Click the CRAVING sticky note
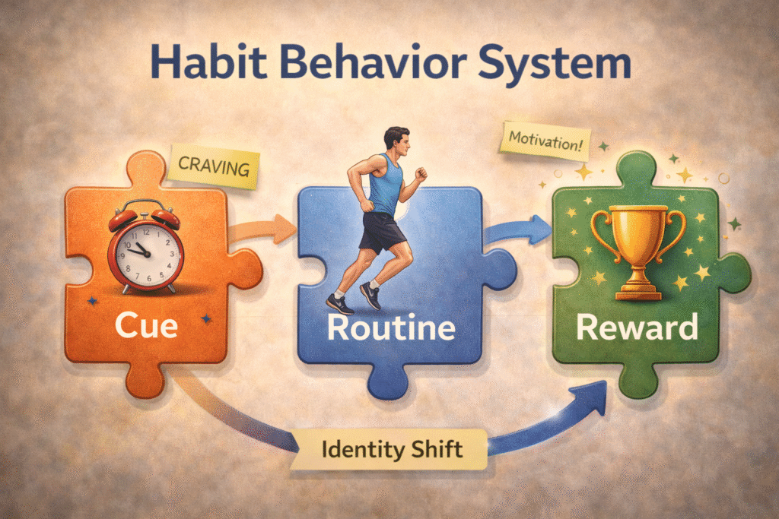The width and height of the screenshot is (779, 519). [x=214, y=166]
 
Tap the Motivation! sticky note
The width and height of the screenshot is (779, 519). [x=545, y=141]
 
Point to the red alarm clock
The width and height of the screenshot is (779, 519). [x=145, y=247]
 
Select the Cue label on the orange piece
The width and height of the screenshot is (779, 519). [x=146, y=326]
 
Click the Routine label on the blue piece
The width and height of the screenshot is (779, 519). [x=391, y=328]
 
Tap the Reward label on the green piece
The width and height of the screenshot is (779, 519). [x=637, y=328]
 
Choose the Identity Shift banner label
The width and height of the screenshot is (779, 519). [x=392, y=450]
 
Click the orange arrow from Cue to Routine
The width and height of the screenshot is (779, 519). [x=262, y=230]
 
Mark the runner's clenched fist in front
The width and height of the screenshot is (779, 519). [x=421, y=174]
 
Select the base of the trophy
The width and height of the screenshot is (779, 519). [x=638, y=291]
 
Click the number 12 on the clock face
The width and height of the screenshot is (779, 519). [x=146, y=232]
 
